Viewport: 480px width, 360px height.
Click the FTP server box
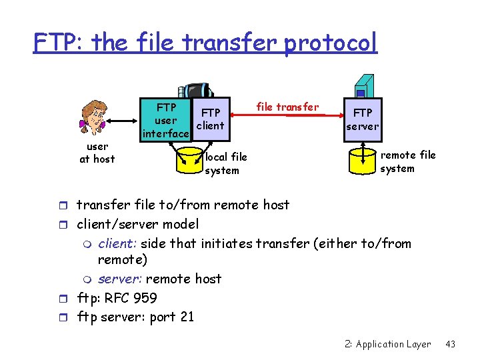point(363,119)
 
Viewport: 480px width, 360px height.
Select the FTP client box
point(211,119)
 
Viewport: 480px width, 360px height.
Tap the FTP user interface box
point(165,121)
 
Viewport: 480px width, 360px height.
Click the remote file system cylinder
point(363,160)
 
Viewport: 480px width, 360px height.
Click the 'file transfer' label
point(287,107)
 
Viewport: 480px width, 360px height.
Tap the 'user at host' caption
point(97,153)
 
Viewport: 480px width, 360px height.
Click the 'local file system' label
point(226,163)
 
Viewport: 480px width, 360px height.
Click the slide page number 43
point(450,344)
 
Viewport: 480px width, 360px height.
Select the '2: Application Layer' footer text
point(387,344)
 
